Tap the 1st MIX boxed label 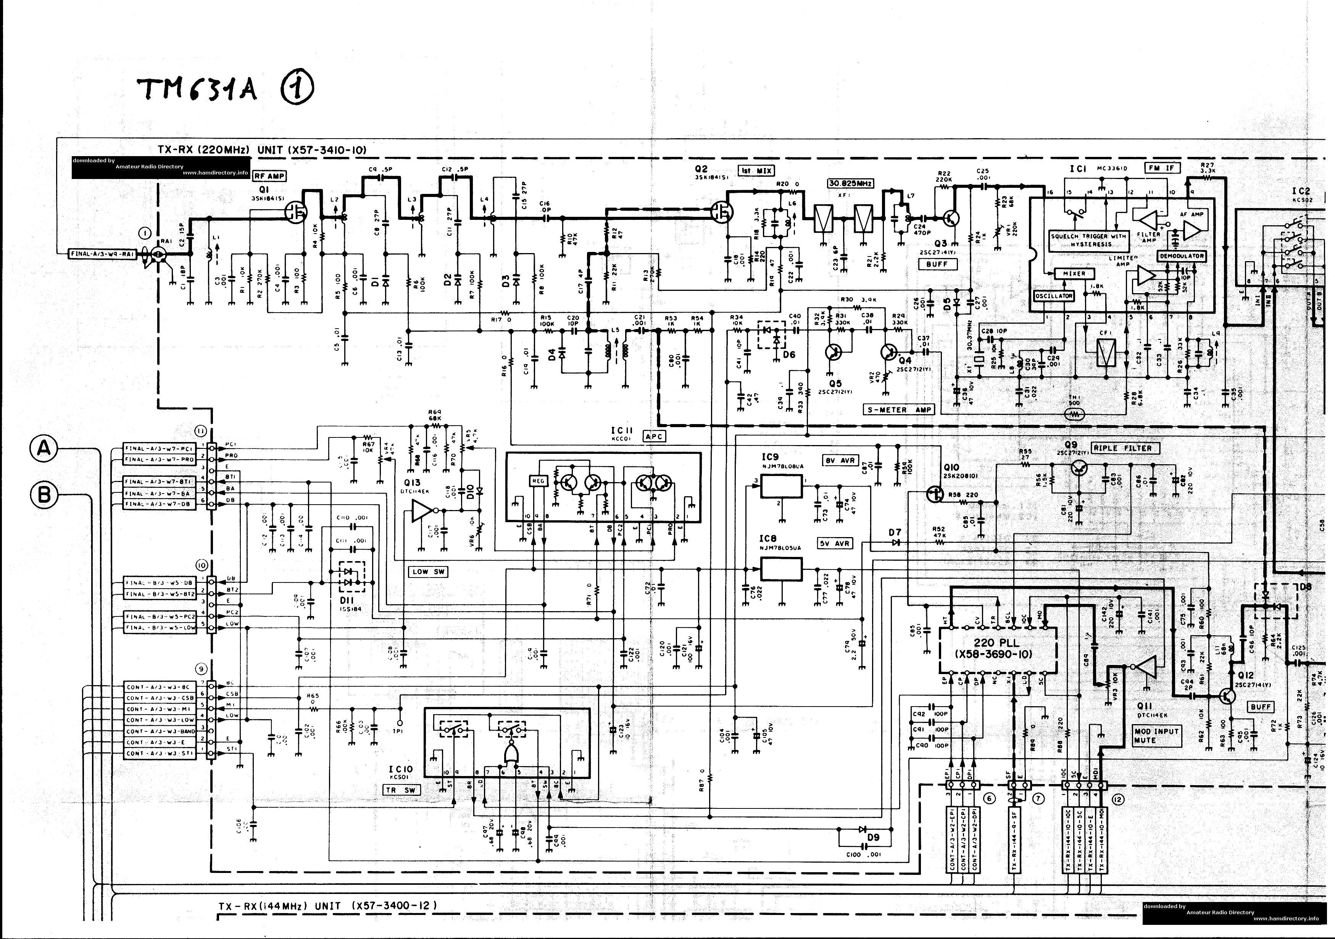(x=756, y=170)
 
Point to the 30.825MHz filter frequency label (x=850, y=183)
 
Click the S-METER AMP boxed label (x=898, y=410)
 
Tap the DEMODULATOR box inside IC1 (x=1182, y=256)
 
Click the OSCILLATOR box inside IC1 (x=1054, y=296)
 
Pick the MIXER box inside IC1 (x=1074, y=273)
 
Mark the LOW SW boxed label (x=429, y=571)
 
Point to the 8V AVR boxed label (x=840, y=460)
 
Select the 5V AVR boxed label (x=835, y=544)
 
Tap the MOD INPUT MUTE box (x=1156, y=736)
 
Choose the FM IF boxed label (x=1162, y=168)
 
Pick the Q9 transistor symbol (x=1080, y=468)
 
